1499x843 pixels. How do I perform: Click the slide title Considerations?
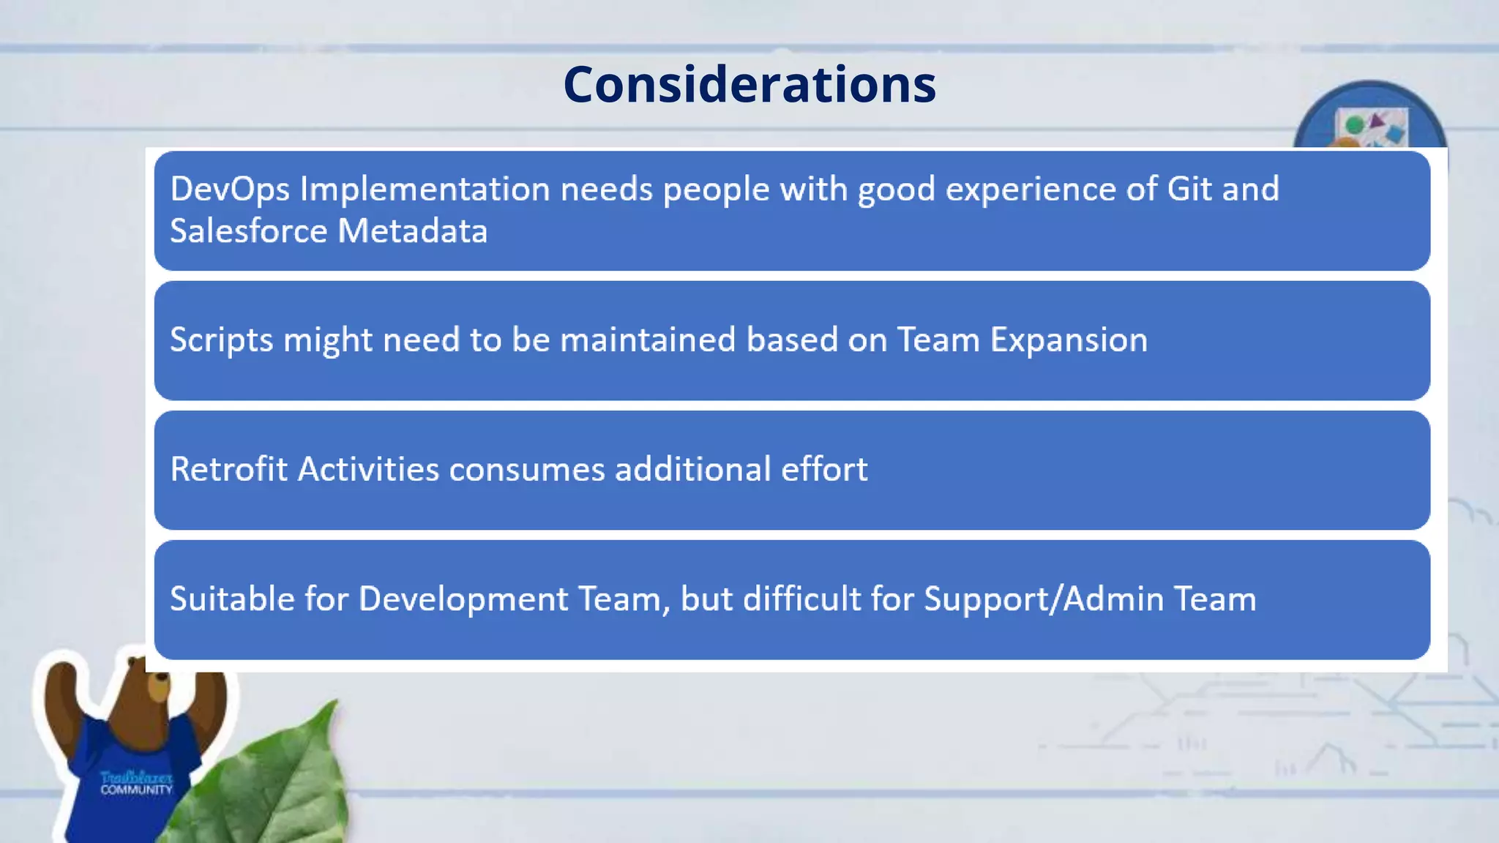pyautogui.click(x=749, y=84)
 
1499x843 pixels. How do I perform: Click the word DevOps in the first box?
pyautogui.click(x=230, y=190)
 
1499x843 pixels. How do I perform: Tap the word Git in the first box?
pyautogui.click(x=1189, y=189)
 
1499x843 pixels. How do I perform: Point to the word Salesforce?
pyautogui.click(x=248, y=231)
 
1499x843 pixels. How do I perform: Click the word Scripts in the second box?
pyautogui.click(x=222, y=340)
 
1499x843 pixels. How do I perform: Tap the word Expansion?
pyautogui.click(x=1069, y=340)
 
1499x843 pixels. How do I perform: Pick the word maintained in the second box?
pyautogui.click(x=647, y=340)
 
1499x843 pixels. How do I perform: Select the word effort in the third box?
pyautogui.click(x=823, y=469)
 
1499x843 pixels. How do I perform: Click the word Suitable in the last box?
pyautogui.click(x=232, y=599)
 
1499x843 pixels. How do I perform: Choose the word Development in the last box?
pyautogui.click(x=463, y=599)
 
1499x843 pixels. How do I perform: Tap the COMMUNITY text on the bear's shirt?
pyautogui.click(x=136, y=790)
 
